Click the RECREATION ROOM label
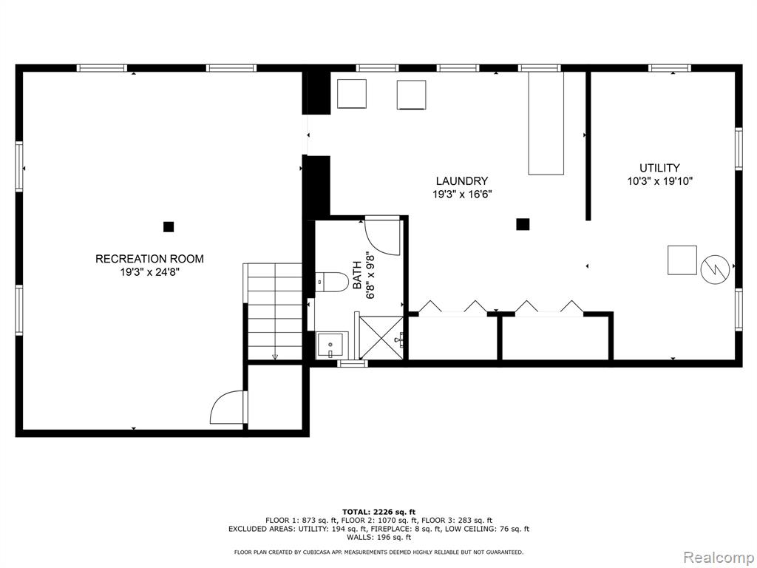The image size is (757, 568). click(x=149, y=259)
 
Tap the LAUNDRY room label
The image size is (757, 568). click(x=462, y=181)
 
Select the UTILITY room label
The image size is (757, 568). click(x=659, y=168)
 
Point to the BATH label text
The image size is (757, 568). click(x=357, y=275)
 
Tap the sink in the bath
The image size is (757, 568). click(x=329, y=345)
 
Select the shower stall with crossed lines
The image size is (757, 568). click(x=381, y=337)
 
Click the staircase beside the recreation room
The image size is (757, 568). click(x=274, y=311)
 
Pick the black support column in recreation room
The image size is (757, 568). click(x=168, y=226)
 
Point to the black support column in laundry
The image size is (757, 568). click(x=523, y=224)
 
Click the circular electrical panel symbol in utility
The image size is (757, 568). click(x=715, y=269)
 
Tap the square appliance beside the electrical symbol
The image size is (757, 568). click(x=682, y=260)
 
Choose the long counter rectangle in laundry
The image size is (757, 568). click(x=546, y=124)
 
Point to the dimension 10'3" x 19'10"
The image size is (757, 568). click(x=660, y=182)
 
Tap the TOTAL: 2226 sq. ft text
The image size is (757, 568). click(x=378, y=512)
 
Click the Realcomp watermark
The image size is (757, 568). click(x=719, y=558)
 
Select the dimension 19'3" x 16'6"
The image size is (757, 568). click(x=462, y=195)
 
